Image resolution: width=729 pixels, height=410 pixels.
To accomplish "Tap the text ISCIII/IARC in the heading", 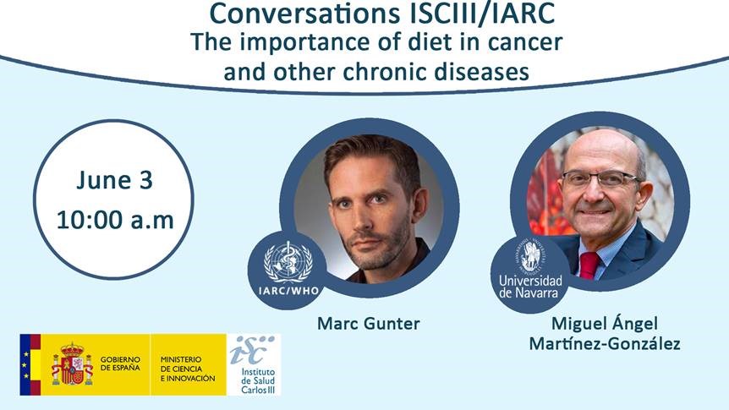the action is (483, 13).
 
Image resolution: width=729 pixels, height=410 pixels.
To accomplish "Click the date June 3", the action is (114, 180).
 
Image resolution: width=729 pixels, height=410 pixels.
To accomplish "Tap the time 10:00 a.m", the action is (115, 220).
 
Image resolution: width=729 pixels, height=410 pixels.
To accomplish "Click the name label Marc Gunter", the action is (368, 324).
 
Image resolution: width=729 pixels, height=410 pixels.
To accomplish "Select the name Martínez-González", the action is (605, 344).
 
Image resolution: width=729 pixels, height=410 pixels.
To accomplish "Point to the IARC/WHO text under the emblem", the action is (288, 291).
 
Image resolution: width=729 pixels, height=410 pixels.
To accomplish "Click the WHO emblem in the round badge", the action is (288, 262).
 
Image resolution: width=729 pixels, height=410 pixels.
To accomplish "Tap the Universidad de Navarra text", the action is (530, 287).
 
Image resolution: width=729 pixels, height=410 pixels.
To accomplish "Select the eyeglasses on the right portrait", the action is (601, 179).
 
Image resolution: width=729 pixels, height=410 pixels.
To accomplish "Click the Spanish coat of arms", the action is (72, 364).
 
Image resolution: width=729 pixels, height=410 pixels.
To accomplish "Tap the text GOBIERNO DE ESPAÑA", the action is (120, 364).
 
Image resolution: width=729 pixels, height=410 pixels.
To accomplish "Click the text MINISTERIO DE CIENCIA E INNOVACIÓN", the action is (188, 369).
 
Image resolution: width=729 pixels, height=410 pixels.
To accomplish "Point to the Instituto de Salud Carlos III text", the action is (258, 381).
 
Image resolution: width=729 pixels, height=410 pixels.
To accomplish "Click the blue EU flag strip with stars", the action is (25, 364).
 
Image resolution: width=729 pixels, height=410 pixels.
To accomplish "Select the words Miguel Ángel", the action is (605, 323).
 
